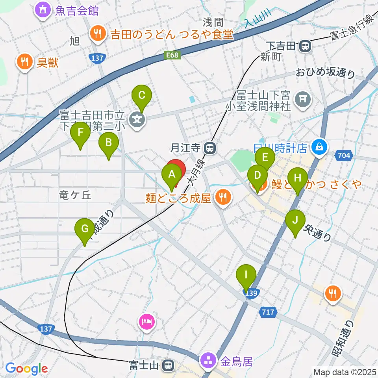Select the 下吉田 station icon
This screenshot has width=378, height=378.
305,47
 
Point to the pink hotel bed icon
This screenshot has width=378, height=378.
146,322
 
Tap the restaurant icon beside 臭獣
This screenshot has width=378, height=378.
24,61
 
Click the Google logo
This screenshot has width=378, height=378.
26,369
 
